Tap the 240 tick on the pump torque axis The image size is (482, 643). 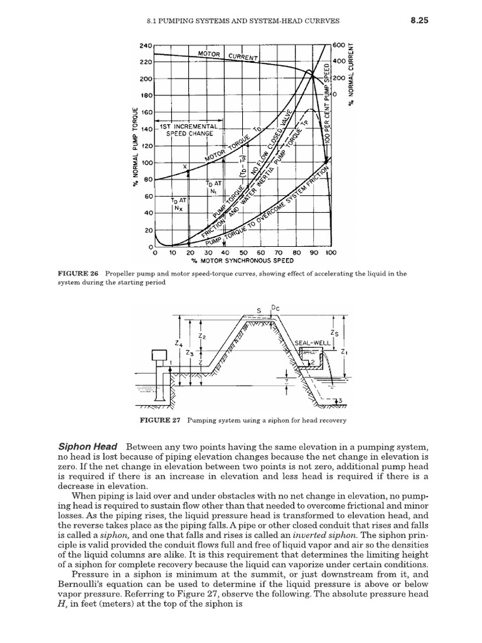click(145, 46)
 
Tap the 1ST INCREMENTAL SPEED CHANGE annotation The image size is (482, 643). click(189, 129)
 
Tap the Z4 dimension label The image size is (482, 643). click(179, 345)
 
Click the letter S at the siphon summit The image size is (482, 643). click(259, 311)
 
